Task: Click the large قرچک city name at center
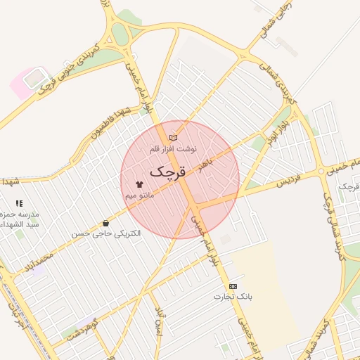click(169, 171)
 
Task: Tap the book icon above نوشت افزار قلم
click(174, 138)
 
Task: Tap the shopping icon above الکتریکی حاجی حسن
click(105, 222)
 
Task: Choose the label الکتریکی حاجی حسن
click(105, 233)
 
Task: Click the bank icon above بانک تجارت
click(233, 286)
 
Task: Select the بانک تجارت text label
click(233, 297)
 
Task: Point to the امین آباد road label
click(160, 322)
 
